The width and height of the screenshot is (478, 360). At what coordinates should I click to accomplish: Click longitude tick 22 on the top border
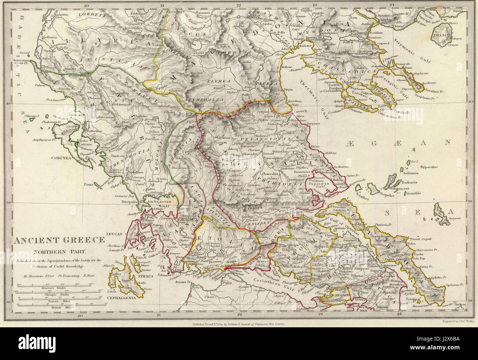[x=239, y=5]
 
